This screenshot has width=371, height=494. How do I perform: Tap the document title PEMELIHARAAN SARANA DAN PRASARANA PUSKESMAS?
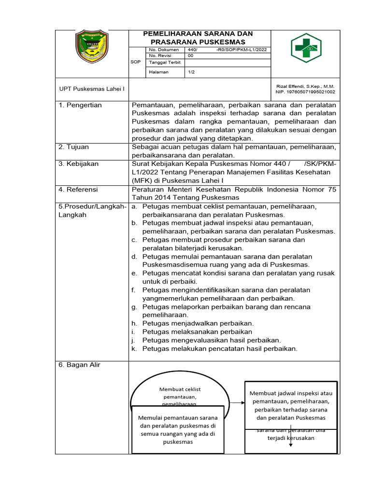click(198, 38)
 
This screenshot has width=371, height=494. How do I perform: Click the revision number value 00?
click(190, 55)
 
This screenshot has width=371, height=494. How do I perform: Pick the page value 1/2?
click(191, 72)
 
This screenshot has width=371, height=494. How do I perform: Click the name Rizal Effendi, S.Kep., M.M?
click(305, 86)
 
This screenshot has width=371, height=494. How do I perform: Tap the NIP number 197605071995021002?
click(305, 92)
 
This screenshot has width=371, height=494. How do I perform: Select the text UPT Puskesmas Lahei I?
click(92, 89)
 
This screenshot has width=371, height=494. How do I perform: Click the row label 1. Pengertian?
click(80, 105)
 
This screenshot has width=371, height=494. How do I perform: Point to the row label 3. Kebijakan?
click(78, 164)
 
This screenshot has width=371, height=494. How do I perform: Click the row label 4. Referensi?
click(78, 190)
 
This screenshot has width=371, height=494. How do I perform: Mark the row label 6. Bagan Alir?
click(79, 365)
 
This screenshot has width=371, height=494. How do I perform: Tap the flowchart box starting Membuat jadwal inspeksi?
click(291, 405)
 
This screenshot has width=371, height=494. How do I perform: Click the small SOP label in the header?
click(136, 62)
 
